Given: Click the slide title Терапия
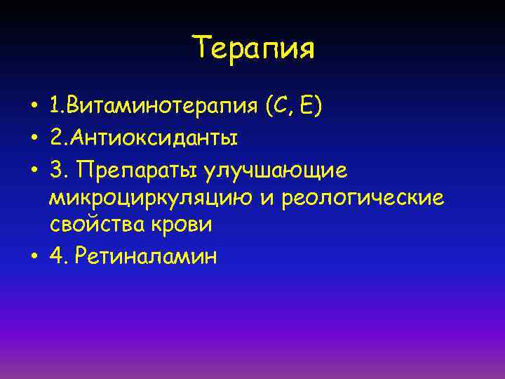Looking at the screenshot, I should (254, 49).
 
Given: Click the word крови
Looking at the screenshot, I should (182, 225).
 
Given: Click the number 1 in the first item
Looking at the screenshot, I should (55, 108).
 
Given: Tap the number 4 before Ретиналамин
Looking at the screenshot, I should (55, 256).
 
